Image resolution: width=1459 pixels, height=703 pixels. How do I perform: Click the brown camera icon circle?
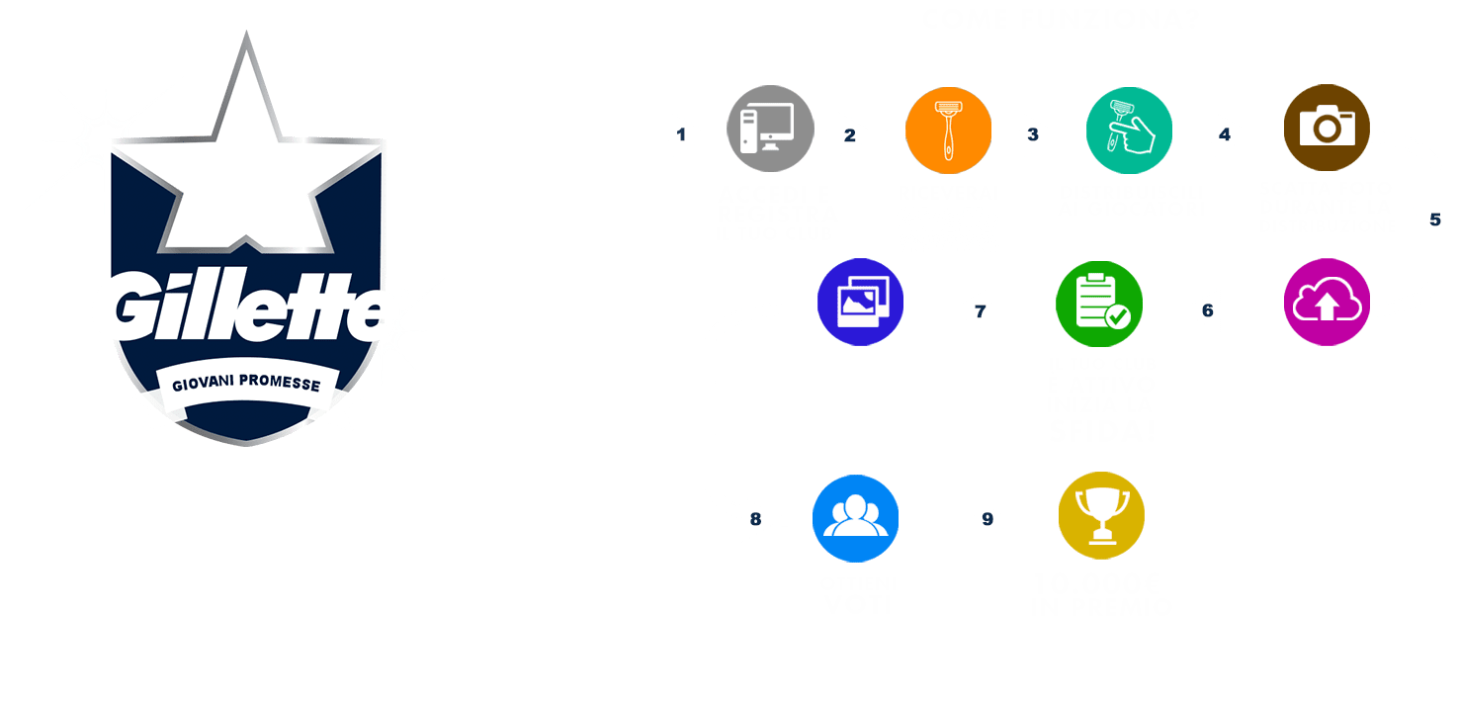coord(1327,128)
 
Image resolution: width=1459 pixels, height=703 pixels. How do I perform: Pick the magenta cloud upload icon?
coord(1327,304)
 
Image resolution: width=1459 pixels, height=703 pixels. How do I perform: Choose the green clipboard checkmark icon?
coord(1098,304)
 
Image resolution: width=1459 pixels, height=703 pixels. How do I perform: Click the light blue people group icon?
coord(855,518)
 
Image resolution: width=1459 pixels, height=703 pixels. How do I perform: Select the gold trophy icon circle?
coord(1101,516)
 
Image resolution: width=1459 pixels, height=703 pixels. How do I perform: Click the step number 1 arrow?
coord(679,136)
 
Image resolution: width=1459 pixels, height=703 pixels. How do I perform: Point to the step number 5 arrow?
coord(1435,220)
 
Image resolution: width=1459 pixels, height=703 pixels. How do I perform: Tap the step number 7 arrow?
coord(979,310)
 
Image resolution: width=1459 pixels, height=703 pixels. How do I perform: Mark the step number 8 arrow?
coord(757,518)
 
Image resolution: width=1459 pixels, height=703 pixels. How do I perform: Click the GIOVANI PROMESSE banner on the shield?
coord(247,383)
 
